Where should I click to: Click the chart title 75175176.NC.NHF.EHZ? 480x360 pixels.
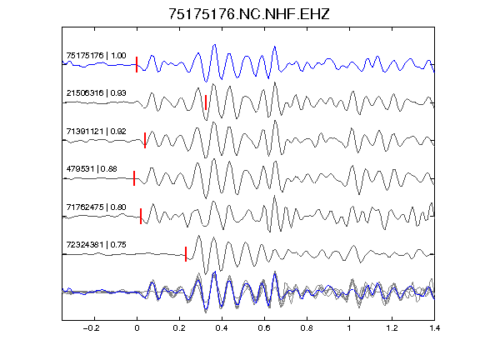[249, 14]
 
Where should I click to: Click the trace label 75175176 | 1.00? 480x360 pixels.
[96, 55]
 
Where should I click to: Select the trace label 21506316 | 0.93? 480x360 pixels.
[96, 92]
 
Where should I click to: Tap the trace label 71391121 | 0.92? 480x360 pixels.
[96, 131]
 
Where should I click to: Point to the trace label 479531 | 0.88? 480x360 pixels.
[92, 168]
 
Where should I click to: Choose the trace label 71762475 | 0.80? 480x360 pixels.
[96, 207]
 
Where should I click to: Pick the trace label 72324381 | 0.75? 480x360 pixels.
[96, 245]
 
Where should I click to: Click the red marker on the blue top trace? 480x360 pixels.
[137, 65]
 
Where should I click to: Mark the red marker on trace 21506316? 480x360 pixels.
[206, 102]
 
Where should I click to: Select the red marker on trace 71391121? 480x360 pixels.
[145, 140]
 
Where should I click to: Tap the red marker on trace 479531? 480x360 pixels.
[134, 178]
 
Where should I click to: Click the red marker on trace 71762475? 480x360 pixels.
[141, 216]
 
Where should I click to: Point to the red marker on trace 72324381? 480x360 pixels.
[186, 254]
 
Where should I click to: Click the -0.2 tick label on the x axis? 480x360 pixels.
[92, 328]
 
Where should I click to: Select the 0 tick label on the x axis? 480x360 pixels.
[137, 328]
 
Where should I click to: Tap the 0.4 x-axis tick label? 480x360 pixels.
[222, 328]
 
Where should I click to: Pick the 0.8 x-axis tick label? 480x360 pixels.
[307, 328]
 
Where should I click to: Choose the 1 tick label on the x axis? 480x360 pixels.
[349, 328]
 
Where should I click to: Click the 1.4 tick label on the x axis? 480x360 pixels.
[434, 328]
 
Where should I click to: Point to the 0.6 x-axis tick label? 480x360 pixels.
[264, 328]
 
